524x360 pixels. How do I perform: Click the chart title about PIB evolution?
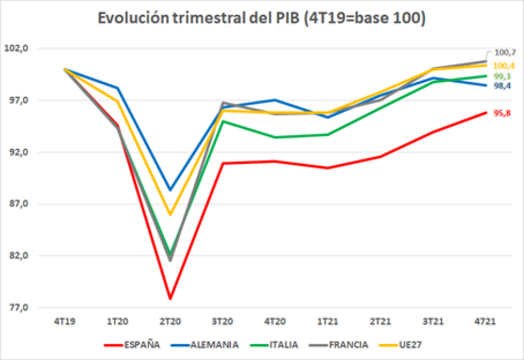click(x=261, y=18)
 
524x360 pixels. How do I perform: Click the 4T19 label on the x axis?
click(x=65, y=322)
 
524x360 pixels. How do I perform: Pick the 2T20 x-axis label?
click(x=170, y=322)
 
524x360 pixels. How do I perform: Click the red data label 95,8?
click(x=502, y=113)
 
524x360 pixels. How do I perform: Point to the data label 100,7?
click(x=505, y=53)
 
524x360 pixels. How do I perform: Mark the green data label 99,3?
click(x=502, y=76)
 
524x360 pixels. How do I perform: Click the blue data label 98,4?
click(x=502, y=86)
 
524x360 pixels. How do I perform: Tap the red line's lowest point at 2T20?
click(x=170, y=299)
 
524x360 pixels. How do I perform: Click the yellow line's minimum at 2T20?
click(x=170, y=215)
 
